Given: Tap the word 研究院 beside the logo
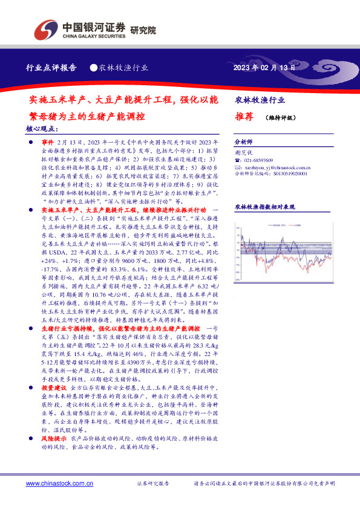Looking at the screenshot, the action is [x=143, y=29].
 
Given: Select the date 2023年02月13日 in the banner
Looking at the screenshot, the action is [x=264, y=68].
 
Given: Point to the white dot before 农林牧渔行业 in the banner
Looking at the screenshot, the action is [x=93, y=68].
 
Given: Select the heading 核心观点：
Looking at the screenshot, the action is [x=42, y=129].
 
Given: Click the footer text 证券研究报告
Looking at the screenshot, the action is [x=153, y=484].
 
